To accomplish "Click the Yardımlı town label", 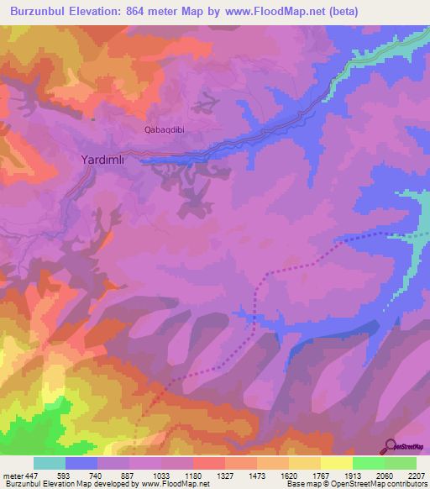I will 107,159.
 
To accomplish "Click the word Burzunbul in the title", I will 43,12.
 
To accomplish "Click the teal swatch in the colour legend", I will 50,463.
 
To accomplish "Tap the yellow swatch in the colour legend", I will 336,463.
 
